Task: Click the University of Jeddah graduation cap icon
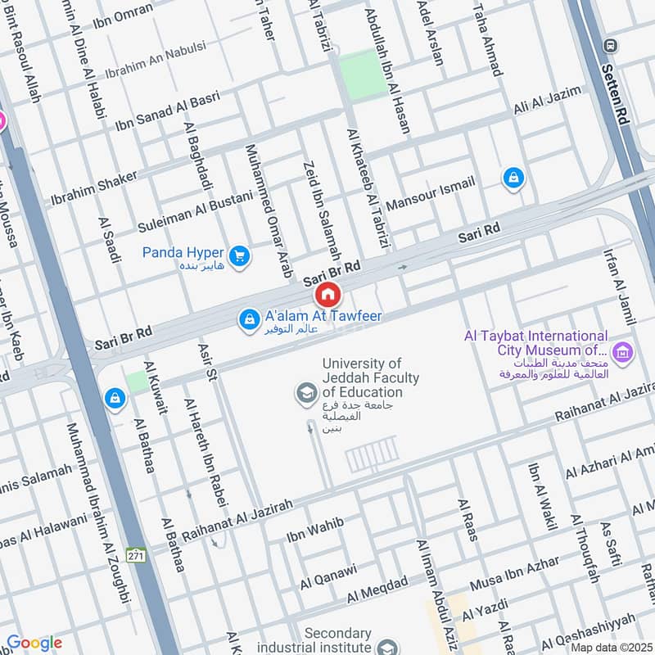[x=306, y=394]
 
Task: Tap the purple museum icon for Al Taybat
[x=624, y=353]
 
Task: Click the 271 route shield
[x=138, y=554]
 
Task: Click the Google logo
[x=34, y=643]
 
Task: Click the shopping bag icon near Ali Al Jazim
[x=513, y=176]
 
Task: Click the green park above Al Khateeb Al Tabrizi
[x=362, y=75]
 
